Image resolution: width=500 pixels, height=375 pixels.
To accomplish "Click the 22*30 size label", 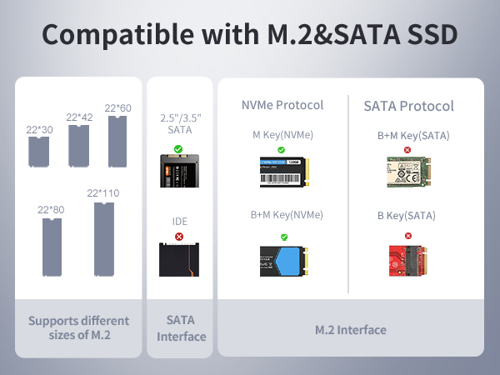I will tap(39, 129).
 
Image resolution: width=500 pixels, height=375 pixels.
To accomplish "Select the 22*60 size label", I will tap(118, 108).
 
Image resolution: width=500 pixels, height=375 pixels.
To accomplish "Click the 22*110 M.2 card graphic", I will tap(103, 238).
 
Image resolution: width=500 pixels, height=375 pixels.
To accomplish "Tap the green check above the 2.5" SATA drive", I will tap(177, 149).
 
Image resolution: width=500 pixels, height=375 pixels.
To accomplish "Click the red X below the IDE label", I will tap(178, 237).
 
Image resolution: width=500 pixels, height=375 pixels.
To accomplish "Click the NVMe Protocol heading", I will tap(282, 105).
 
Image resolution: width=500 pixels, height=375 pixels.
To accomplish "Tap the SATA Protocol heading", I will tap(408, 106).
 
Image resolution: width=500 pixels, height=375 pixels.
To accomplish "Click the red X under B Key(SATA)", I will tap(407, 230).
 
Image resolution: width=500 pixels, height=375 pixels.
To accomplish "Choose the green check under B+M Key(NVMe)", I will tap(283, 237).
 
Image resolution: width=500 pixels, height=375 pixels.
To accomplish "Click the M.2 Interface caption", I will tap(350, 330).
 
